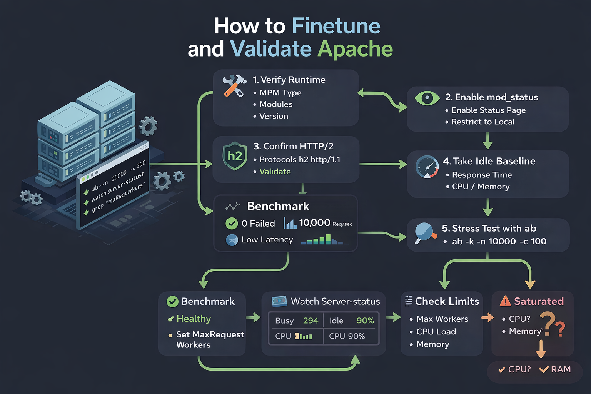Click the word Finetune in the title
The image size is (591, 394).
336,26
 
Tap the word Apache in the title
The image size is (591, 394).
355,49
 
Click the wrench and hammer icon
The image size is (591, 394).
234,85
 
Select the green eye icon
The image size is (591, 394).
427,98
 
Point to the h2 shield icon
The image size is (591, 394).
235,156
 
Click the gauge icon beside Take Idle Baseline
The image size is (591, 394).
427,167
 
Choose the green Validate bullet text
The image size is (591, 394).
275,172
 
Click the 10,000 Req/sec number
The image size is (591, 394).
314,223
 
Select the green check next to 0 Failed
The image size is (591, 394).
232,223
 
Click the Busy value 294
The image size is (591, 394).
311,321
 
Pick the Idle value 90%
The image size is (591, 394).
365,321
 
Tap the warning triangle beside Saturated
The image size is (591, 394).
505,301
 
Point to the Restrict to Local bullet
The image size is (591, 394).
482,122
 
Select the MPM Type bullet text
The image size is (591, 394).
280,93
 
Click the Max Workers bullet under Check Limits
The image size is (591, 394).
442,319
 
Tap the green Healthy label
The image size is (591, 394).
194,319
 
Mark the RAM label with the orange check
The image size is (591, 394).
560,369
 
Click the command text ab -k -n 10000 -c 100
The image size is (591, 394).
499,242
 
